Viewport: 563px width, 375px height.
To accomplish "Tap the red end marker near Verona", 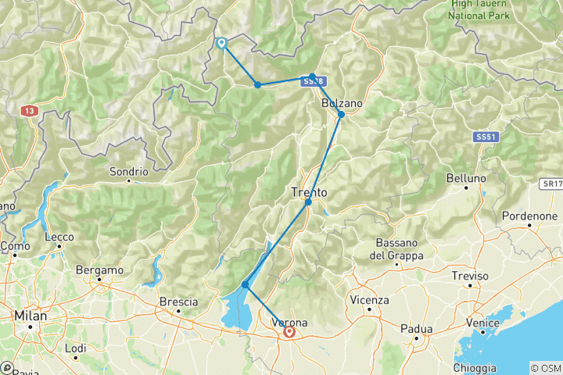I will click(x=290, y=332).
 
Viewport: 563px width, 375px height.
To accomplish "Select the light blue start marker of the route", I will click(x=222, y=44).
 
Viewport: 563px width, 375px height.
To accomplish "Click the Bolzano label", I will click(x=342, y=103).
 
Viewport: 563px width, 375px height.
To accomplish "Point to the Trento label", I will click(x=309, y=191).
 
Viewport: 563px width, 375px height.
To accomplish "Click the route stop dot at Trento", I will click(x=308, y=202).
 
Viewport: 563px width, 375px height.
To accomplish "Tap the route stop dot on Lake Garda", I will click(x=246, y=284).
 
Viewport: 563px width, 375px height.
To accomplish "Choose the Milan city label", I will click(x=30, y=316).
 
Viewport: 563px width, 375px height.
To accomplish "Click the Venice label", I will click(x=482, y=322).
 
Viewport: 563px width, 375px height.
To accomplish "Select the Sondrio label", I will click(x=129, y=171).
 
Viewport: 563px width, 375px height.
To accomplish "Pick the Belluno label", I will click(x=467, y=178).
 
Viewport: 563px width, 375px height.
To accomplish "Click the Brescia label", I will click(x=178, y=302).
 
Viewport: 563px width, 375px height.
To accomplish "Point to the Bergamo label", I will click(x=100, y=270).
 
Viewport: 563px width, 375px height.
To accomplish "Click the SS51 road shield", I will click(x=485, y=137).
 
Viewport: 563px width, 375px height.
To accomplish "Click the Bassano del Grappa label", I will click(x=398, y=248).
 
